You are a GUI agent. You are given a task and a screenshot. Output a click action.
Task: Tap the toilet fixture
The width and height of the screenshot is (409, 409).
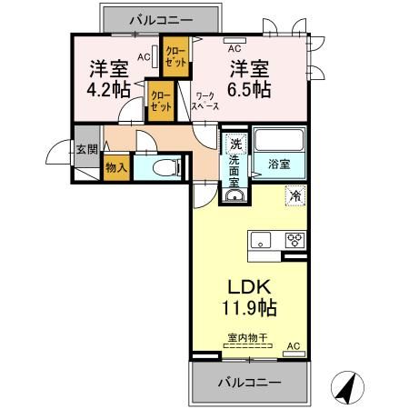point(164,167)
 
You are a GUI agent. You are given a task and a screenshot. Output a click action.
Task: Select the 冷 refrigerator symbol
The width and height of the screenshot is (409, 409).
point(295,195)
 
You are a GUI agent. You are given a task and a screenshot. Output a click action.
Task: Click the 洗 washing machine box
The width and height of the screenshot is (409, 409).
point(235,144)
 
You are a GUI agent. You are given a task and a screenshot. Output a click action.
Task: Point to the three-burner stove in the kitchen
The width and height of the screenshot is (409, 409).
point(294,241)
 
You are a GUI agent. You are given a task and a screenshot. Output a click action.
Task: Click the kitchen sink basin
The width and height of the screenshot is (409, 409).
point(260,241)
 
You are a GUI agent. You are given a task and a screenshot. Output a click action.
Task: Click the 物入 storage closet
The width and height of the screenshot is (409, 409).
point(116,167)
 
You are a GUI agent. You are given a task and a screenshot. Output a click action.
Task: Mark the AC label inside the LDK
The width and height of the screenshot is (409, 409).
point(293,347)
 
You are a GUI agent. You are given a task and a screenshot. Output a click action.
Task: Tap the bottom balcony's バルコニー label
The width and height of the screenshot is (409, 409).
point(248,382)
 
